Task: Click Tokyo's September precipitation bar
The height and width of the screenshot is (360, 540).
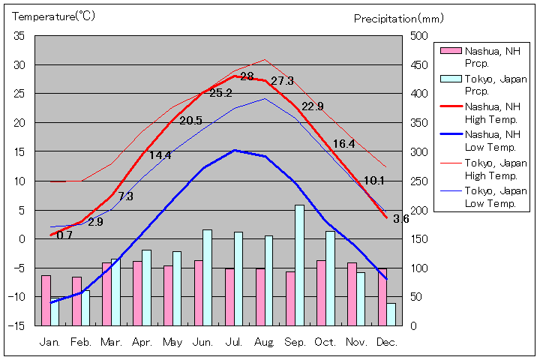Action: point(299,265)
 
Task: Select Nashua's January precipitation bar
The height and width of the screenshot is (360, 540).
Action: point(46,300)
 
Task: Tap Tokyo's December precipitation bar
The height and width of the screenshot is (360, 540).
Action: point(391,313)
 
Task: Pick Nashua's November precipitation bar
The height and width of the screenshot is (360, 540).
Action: point(352,293)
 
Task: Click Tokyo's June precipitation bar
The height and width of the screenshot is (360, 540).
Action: point(207,277)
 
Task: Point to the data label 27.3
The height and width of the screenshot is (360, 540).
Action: point(282,81)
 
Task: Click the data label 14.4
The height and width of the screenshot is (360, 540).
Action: point(160,155)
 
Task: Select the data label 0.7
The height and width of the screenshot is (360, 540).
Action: point(64,235)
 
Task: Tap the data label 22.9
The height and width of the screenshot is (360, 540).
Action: point(312,106)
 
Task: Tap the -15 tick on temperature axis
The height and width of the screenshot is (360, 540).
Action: point(17,325)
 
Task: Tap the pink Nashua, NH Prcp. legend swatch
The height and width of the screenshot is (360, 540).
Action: point(449,51)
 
